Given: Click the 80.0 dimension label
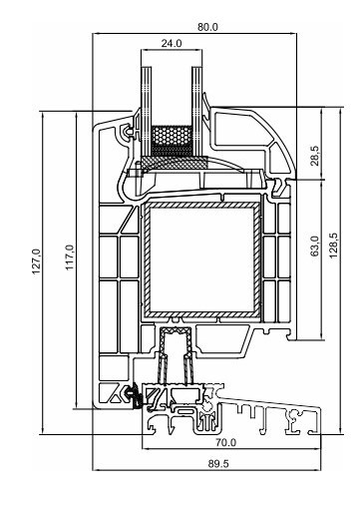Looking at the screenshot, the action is [207, 27].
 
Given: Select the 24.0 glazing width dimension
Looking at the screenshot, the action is [172, 43].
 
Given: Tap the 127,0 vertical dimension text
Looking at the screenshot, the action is [36, 261].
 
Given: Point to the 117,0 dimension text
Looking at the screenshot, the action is [70, 257].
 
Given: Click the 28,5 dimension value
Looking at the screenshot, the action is [315, 156].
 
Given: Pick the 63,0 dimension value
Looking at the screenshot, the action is [315, 247].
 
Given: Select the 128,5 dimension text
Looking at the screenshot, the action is [334, 246].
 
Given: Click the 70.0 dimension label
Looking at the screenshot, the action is [225, 443].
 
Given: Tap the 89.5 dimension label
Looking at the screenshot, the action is [218, 464].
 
